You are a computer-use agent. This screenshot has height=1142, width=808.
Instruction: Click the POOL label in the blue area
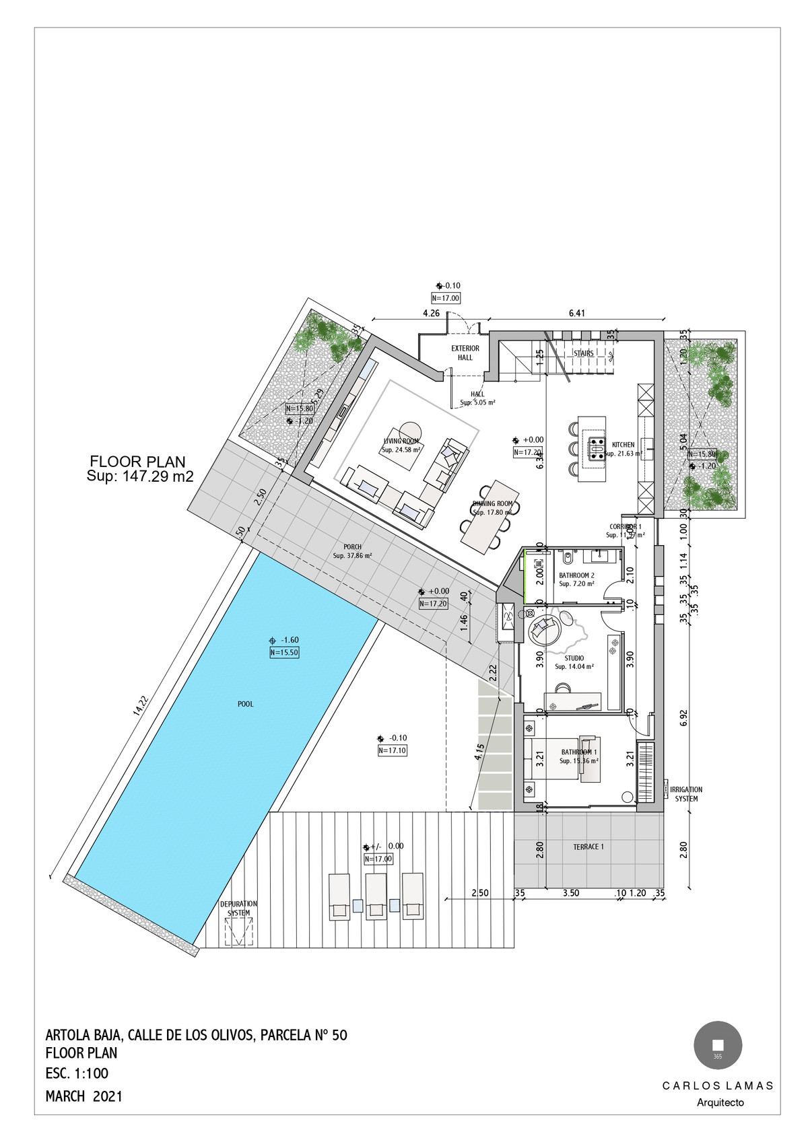pyautogui.click(x=246, y=704)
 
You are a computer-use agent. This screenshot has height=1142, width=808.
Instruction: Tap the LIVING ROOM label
pyautogui.click(x=401, y=441)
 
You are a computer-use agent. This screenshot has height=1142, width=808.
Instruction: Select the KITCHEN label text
pyautogui.click(x=623, y=445)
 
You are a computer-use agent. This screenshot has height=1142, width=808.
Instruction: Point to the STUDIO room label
pyautogui.click(x=574, y=658)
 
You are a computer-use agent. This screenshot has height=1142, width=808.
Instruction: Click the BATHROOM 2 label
pyautogui.click(x=576, y=575)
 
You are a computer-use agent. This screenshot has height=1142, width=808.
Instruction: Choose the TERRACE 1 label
pyautogui.click(x=588, y=847)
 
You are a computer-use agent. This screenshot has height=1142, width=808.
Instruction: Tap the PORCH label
pyautogui.click(x=352, y=547)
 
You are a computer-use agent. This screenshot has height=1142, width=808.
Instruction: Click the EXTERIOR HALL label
pyautogui.click(x=465, y=353)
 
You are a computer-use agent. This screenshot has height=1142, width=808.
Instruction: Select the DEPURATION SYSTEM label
pyautogui.click(x=238, y=908)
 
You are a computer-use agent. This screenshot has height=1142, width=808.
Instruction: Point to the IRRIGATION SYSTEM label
pyautogui.click(x=686, y=794)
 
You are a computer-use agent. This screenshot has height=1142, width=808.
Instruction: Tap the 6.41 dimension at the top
pyautogui.click(x=577, y=313)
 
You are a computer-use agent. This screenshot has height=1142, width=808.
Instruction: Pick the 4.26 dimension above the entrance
pyautogui.click(x=431, y=313)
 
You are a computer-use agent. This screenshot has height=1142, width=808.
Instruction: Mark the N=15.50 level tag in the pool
pyautogui.click(x=283, y=652)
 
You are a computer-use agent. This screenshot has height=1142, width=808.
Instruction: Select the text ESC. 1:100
pyautogui.click(x=77, y=1073)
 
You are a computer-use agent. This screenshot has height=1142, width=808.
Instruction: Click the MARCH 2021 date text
pyautogui.click(x=84, y=1096)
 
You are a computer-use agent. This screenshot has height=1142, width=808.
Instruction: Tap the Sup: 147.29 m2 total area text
pyautogui.click(x=140, y=476)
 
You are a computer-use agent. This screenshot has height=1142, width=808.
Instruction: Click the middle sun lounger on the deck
pyautogui.click(x=375, y=896)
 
